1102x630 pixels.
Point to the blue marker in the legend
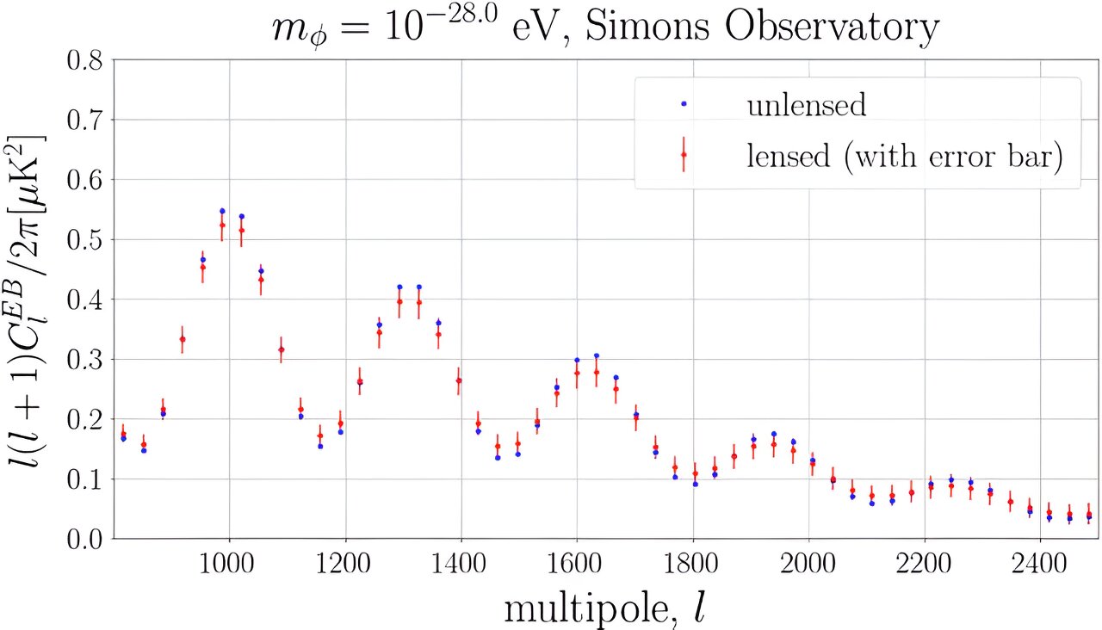coord(684,104)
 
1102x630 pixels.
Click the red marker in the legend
coord(684,155)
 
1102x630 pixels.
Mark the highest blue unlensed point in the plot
coord(222,211)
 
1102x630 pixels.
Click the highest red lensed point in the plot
coord(222,225)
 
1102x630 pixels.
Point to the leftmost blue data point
coord(123,439)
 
